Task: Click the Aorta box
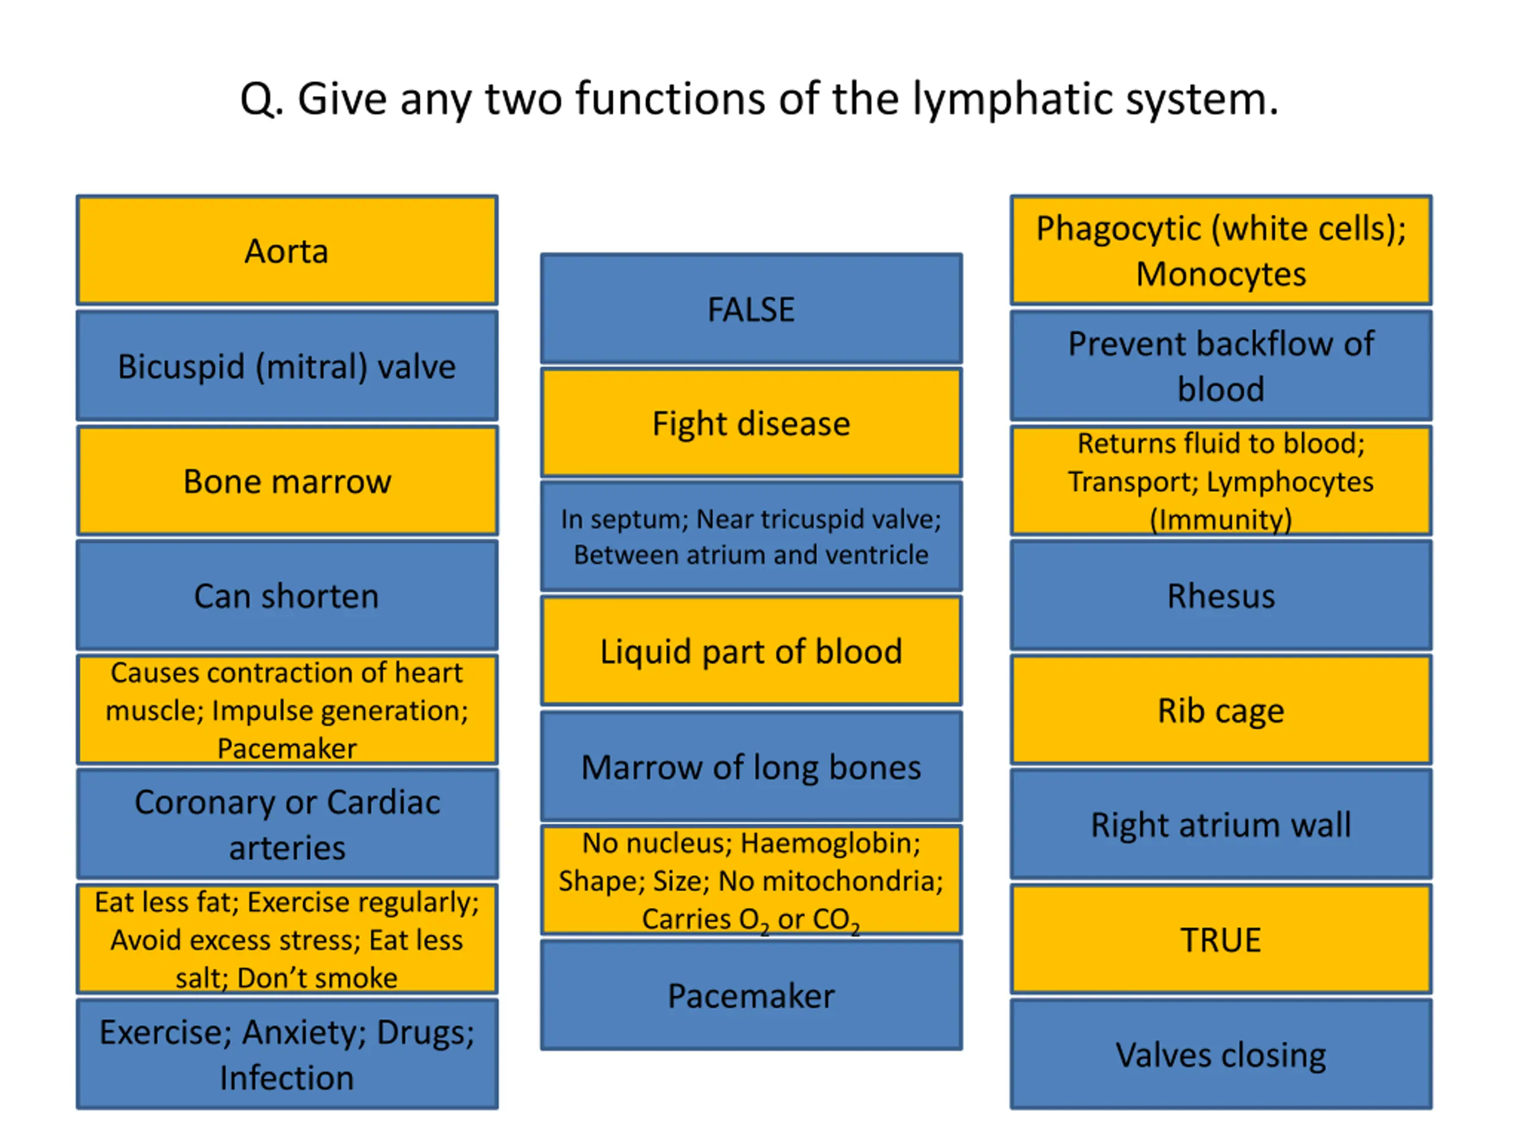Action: (287, 250)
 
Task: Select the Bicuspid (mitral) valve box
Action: (287, 366)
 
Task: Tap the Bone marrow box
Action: (287, 480)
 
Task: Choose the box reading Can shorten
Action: (287, 595)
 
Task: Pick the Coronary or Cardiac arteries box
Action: (287, 824)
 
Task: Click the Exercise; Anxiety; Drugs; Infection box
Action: (287, 1054)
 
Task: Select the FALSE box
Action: (751, 309)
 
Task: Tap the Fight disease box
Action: (751, 423)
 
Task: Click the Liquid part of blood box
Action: (751, 651)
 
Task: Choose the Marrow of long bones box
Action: (751, 766)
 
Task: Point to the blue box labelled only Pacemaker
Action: (751, 995)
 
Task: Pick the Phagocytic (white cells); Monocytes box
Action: (1221, 250)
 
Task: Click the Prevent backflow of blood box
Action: (1221, 366)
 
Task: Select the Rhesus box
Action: (1221, 595)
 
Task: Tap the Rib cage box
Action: (1221, 710)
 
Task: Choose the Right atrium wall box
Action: (1221, 824)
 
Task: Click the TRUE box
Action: (1221, 939)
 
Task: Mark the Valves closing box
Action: (1221, 1054)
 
